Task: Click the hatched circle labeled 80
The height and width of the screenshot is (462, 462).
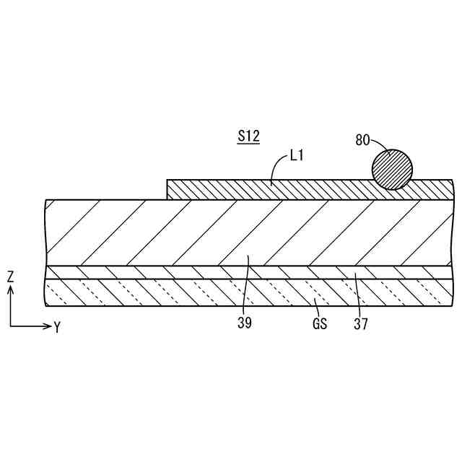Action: [x=392, y=169]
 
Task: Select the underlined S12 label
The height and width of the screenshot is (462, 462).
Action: [x=249, y=136]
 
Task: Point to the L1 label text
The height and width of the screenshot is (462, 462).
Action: [x=296, y=154]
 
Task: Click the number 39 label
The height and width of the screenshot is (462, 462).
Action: [x=245, y=324]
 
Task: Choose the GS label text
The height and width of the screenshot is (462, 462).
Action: [x=320, y=324]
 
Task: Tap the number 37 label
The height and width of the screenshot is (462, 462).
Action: [x=361, y=324]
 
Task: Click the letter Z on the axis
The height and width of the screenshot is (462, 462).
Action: [x=10, y=276]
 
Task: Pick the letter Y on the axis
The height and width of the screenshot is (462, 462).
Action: [x=57, y=327]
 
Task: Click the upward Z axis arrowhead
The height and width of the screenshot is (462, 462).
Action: [x=10, y=289]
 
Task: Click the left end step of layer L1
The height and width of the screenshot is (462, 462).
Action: [x=167, y=189]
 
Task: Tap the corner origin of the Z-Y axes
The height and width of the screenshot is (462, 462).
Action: [x=10, y=326]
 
